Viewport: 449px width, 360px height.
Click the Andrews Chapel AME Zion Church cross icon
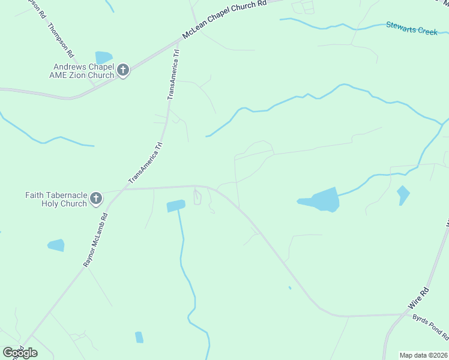123,71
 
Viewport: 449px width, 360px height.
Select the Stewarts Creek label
412,28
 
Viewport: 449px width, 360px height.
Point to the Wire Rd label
419,298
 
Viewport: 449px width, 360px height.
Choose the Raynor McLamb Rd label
95,240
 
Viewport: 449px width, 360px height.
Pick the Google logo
20,353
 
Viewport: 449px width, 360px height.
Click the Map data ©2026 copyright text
423,355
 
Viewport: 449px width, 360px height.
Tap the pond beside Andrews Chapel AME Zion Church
103,58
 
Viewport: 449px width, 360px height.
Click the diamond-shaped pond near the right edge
403,195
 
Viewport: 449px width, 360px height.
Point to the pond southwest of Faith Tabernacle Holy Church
56,245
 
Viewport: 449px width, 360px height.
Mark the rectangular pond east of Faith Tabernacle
175,206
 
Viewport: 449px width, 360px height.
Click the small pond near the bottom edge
139,337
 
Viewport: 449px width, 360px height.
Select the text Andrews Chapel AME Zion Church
83,71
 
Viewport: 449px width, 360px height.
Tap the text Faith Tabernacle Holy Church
56,199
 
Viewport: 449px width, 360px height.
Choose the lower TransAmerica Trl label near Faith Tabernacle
145,163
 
